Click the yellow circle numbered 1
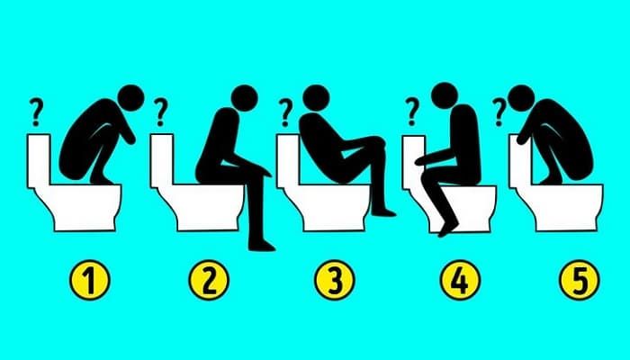tap(90, 280)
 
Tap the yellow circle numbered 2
tap(209, 280)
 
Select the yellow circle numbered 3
tap(335, 280)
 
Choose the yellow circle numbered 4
tap(461, 280)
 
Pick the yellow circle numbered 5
tap(580, 280)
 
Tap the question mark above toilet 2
tap(161, 112)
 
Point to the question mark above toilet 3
tap(285, 112)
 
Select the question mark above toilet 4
tap(412, 112)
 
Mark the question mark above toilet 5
tap(499, 112)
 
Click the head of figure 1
tap(131, 98)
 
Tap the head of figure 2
tap(244, 98)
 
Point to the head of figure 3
tap(316, 98)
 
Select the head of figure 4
tap(445, 96)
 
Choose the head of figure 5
tap(521, 98)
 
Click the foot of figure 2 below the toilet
tap(262, 245)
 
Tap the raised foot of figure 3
tap(384, 211)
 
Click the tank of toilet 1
tap(39, 161)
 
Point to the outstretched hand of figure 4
tap(420, 161)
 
